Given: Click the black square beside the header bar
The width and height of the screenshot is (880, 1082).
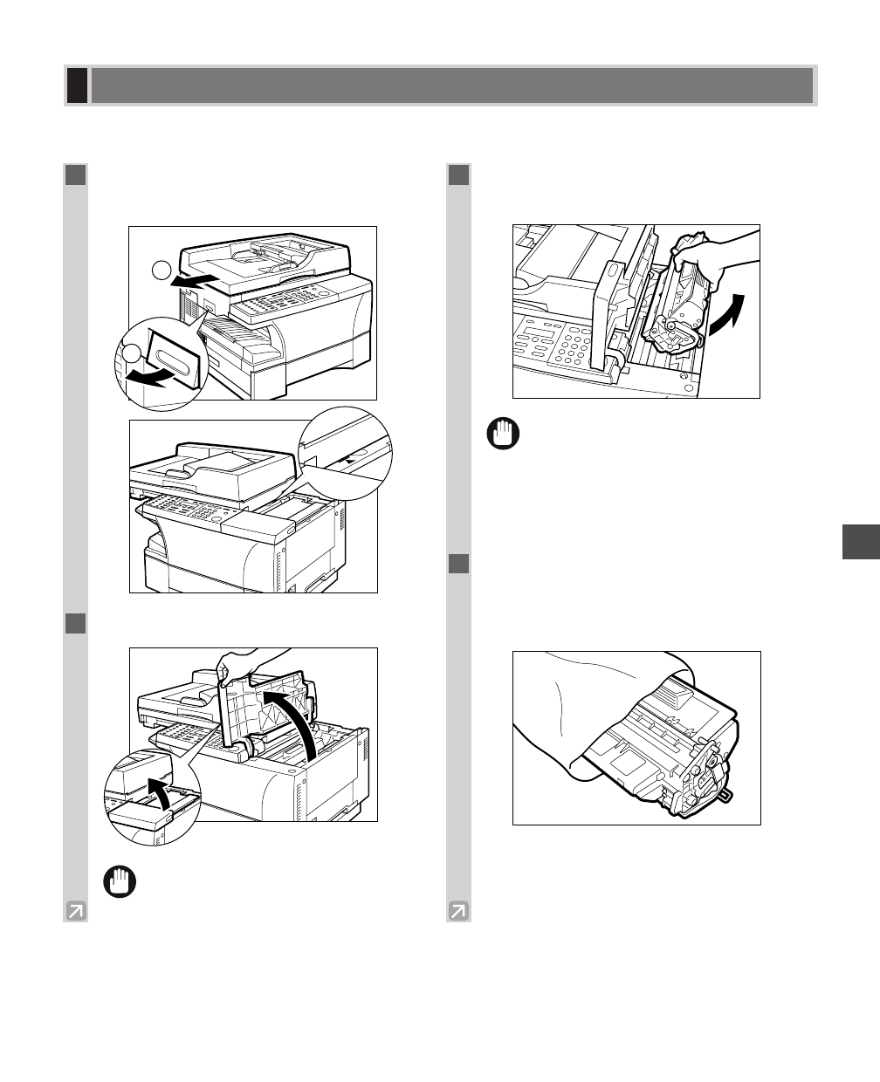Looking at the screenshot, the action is [x=77, y=86].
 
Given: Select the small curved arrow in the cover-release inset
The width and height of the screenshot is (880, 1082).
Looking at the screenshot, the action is [x=158, y=791].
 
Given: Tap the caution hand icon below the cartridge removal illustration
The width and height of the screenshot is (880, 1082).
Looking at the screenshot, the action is [x=503, y=434].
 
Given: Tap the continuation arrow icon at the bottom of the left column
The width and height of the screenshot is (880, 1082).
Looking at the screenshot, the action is [x=76, y=911].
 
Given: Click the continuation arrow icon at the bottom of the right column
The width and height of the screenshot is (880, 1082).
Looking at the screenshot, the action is [x=458, y=911].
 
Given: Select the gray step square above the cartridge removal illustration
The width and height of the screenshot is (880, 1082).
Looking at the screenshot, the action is [x=459, y=175].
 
